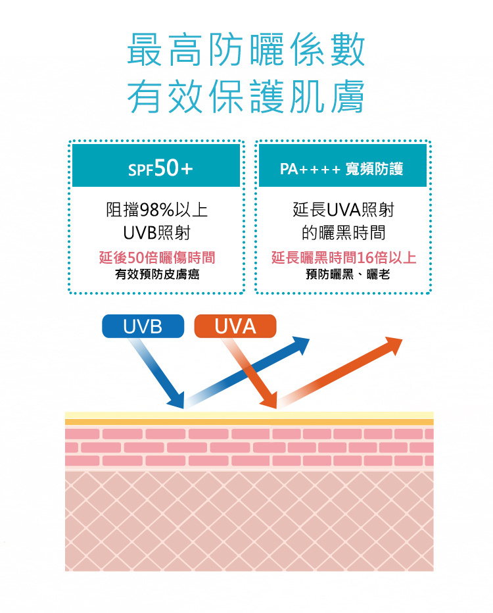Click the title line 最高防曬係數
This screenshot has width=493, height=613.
246,51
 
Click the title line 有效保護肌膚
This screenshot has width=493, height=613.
246,97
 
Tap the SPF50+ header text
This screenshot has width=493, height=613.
160,169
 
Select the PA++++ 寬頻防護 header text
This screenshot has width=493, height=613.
342,169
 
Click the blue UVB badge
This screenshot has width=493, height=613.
143,325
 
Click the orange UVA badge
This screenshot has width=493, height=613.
235,325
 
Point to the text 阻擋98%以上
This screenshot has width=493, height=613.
157,210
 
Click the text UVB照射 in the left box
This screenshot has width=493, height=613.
157,233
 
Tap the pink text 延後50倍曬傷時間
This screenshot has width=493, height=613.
157,258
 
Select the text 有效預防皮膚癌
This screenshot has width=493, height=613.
157,274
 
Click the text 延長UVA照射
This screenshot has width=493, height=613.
343,210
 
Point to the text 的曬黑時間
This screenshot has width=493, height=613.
343,233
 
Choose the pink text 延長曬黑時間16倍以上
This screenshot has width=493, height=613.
343,258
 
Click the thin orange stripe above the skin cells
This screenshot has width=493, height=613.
249,422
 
